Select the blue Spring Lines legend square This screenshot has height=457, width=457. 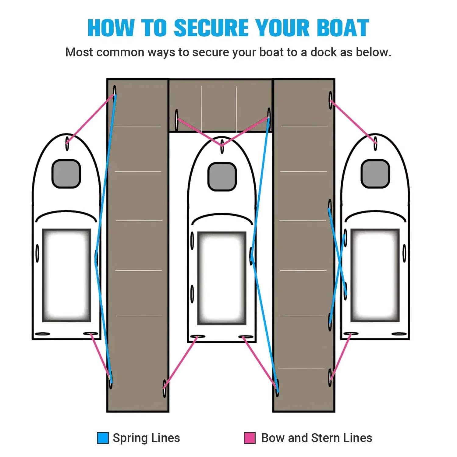103,438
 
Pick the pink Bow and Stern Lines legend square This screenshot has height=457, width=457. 250,438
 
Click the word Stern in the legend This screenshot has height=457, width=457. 325,438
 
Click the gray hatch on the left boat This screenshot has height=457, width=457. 66,174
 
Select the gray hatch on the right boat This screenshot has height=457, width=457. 375,174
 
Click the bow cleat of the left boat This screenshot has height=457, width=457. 67,143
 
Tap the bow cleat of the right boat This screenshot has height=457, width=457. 375,143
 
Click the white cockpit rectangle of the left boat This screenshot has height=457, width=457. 66,275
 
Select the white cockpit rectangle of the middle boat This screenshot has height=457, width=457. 222,278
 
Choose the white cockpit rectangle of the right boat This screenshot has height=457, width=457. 375,275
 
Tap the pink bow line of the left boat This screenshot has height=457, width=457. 90,119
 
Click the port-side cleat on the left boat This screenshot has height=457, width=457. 37,253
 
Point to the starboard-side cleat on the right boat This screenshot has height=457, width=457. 404,253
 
